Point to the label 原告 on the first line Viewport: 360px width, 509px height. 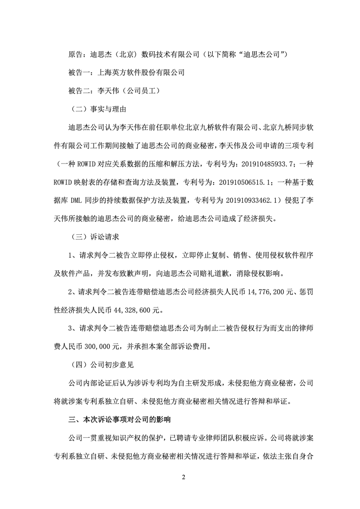[76, 54]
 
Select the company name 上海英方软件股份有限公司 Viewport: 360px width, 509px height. [141, 72]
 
